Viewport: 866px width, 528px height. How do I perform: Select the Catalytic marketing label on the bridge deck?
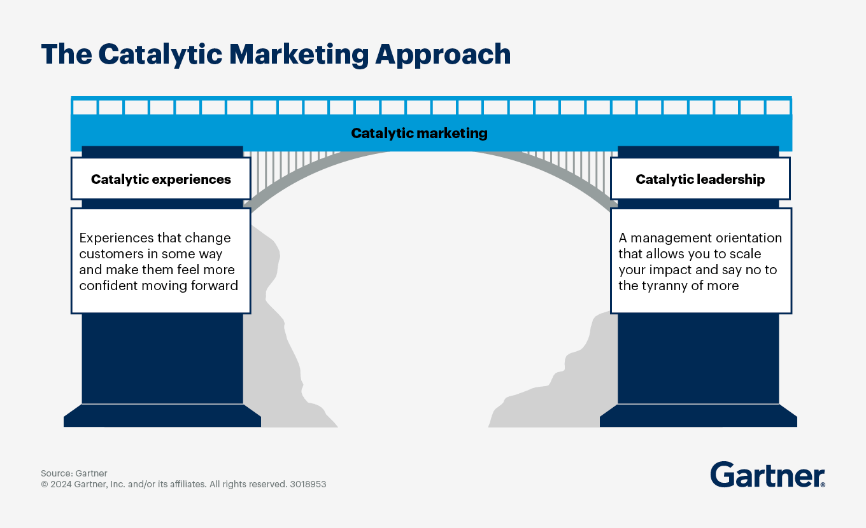[x=419, y=134]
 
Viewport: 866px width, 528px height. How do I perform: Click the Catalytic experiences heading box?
[x=160, y=179]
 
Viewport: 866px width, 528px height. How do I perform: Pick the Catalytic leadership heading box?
[x=700, y=179]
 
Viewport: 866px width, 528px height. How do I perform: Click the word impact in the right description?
[x=668, y=270]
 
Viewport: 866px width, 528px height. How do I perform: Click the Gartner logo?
[x=767, y=475]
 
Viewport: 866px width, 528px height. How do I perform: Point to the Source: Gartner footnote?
[x=74, y=473]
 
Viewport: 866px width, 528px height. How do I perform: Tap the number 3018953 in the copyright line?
[x=308, y=484]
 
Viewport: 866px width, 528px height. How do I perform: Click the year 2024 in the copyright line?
[x=61, y=484]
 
